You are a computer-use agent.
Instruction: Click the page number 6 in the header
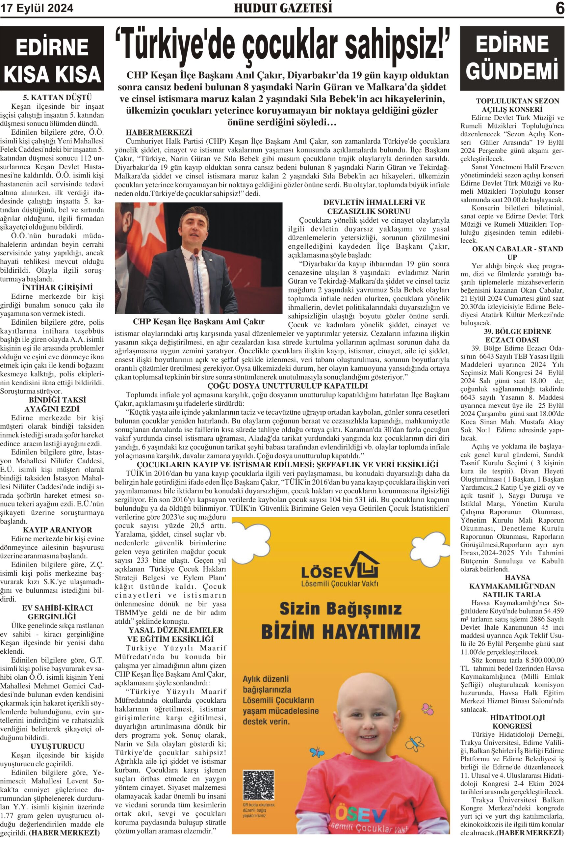[559, 8]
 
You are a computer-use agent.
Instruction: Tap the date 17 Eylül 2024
[37, 8]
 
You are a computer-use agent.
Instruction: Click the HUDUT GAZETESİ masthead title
[283, 8]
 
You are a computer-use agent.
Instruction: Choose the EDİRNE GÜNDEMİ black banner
[512, 58]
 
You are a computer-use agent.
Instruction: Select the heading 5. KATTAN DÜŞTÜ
[57, 97]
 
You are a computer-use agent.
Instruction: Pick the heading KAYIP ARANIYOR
[57, 530]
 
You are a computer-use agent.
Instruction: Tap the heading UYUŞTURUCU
[57, 747]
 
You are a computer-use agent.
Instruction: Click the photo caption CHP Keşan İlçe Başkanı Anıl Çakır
[198, 322]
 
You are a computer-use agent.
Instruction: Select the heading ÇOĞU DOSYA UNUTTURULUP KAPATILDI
[287, 386]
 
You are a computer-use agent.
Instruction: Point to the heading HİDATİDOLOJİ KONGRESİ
[512, 722]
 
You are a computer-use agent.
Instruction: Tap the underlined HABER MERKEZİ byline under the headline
[159, 132]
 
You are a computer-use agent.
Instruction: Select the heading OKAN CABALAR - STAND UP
[512, 253]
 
